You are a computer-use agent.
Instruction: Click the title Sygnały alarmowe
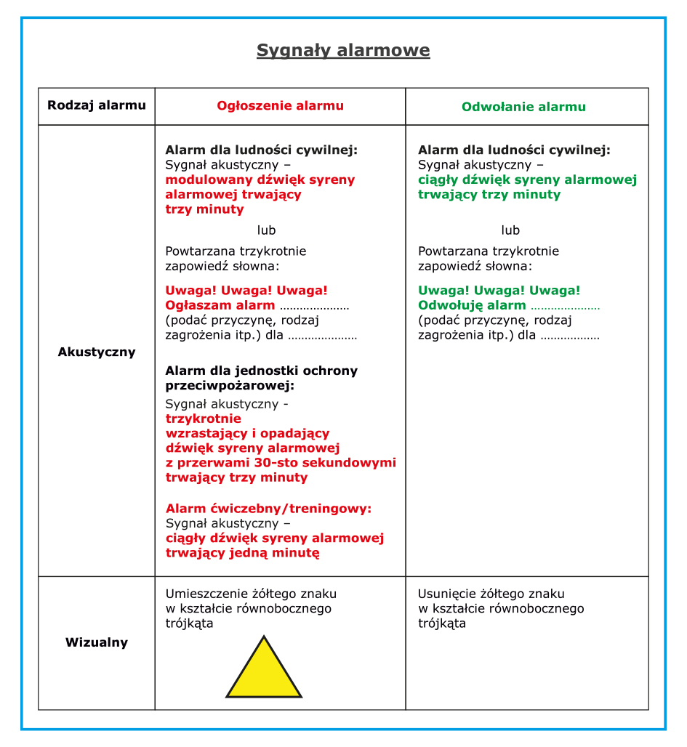343,50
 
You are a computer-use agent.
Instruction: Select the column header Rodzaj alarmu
97,105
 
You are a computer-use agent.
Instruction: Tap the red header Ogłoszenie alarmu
280,106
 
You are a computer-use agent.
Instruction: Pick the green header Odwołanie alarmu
523,107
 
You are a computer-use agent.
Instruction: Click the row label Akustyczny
97,352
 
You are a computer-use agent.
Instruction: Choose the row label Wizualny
97,642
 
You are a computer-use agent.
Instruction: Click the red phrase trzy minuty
205,209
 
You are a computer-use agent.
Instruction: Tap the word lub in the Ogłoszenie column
267,230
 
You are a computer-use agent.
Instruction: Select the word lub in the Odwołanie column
510,230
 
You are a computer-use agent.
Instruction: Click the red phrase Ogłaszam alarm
220,305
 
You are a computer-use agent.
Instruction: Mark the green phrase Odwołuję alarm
472,305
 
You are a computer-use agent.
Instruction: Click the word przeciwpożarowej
230,386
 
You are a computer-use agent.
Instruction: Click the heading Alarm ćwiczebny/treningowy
268,509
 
